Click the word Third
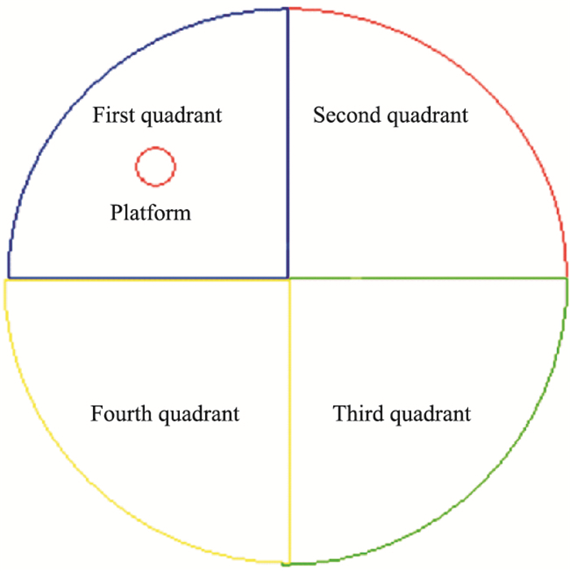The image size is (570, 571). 357,413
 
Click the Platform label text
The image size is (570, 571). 151,213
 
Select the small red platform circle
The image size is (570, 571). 155,167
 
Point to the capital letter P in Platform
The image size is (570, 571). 116,213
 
